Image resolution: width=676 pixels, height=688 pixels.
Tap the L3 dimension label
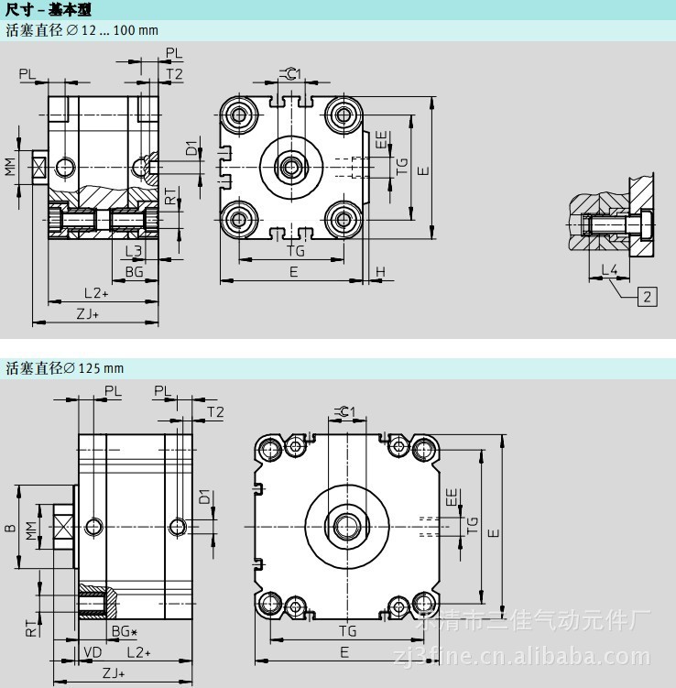pyautogui.click(x=133, y=250)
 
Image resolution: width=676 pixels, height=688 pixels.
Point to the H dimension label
pyautogui.click(x=380, y=271)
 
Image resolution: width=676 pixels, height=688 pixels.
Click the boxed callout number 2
pyautogui.click(x=648, y=295)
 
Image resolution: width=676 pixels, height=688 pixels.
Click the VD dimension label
pyautogui.click(x=92, y=651)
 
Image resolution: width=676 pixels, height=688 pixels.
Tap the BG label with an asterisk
pyautogui.click(x=125, y=631)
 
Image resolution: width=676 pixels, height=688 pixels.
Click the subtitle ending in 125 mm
pyautogui.click(x=64, y=368)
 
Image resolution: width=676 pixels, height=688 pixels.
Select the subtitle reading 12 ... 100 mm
pyautogui.click(x=82, y=30)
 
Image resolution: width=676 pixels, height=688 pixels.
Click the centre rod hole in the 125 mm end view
pyautogui.click(x=347, y=525)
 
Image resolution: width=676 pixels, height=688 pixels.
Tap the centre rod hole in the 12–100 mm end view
pyautogui.click(x=292, y=166)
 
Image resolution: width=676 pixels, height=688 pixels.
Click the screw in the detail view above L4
pyautogui.click(x=610, y=223)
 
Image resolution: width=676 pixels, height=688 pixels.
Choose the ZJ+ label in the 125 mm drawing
pyautogui.click(x=114, y=673)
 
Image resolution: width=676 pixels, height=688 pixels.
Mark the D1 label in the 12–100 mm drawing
pyautogui.click(x=191, y=148)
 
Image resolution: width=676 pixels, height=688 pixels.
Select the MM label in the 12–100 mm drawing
pyautogui.click(x=10, y=167)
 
